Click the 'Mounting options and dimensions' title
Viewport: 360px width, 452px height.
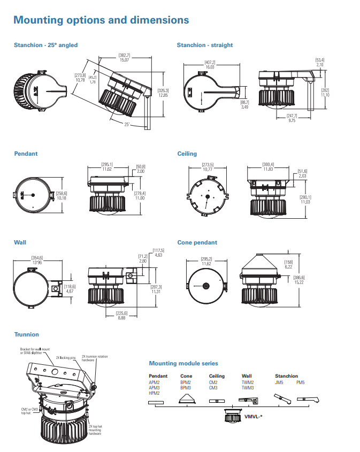click(x=101, y=20)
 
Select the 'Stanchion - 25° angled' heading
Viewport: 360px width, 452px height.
click(x=45, y=45)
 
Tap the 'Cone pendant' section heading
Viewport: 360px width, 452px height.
click(x=197, y=243)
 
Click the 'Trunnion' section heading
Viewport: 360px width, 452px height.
click(x=27, y=335)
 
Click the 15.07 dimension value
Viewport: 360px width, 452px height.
click(x=124, y=60)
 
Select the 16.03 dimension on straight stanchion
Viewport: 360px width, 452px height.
click(x=209, y=67)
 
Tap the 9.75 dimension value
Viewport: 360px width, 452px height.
click(x=292, y=120)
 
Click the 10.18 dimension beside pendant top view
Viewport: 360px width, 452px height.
click(x=62, y=198)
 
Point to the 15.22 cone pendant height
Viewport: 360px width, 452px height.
click(x=298, y=282)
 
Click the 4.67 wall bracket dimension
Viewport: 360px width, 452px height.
click(x=70, y=291)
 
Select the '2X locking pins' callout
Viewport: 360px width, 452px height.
click(x=65, y=357)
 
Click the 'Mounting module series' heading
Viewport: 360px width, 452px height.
click(x=183, y=364)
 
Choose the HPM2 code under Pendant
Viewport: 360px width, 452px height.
click(x=155, y=393)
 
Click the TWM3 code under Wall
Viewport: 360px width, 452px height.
click(x=248, y=388)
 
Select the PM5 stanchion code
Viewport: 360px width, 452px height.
click(x=301, y=382)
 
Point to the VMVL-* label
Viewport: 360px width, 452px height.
click(x=252, y=416)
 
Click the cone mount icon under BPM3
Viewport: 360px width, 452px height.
click(x=186, y=399)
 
